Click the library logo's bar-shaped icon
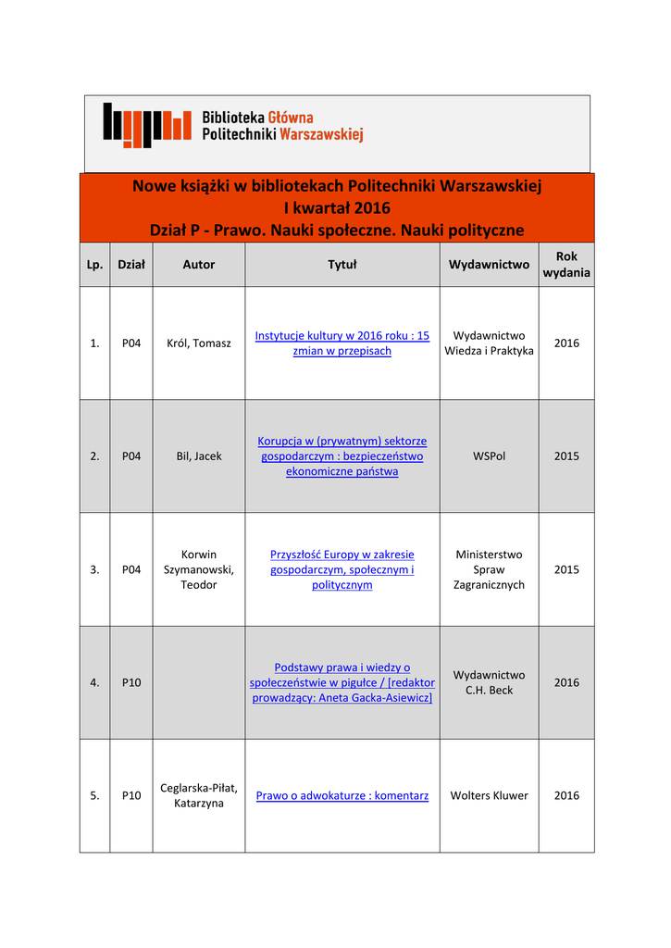[x=146, y=125]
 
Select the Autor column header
[x=198, y=265]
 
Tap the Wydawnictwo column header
[x=489, y=265]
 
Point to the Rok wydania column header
[x=566, y=265]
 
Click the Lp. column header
[x=94, y=265]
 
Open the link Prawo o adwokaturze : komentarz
[x=342, y=796]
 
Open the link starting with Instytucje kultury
[x=342, y=343]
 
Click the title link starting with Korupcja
[x=342, y=456]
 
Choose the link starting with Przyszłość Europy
[x=342, y=569]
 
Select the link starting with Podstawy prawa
[x=342, y=682]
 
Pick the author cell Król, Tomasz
[x=198, y=343]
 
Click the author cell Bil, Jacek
[x=198, y=456]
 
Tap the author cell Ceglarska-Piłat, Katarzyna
[x=198, y=796]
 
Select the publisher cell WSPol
[x=489, y=456]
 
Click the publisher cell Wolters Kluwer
[x=489, y=796]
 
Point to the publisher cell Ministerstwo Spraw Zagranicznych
[x=489, y=569]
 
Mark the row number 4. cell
[x=94, y=683]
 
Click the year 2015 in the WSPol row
[x=566, y=456]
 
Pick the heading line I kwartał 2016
[x=337, y=208]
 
